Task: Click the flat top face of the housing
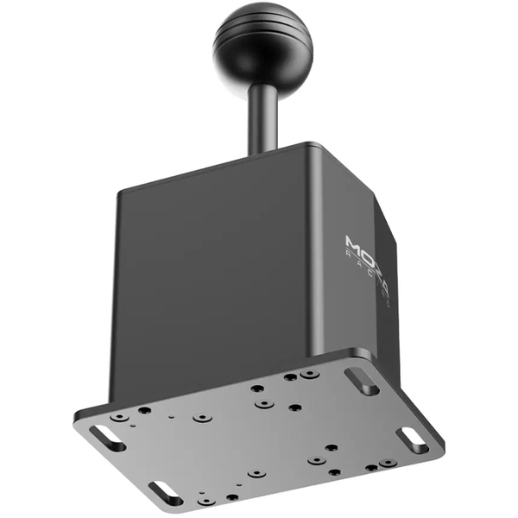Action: point(259,164)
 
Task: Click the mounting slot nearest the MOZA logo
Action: point(361,381)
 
